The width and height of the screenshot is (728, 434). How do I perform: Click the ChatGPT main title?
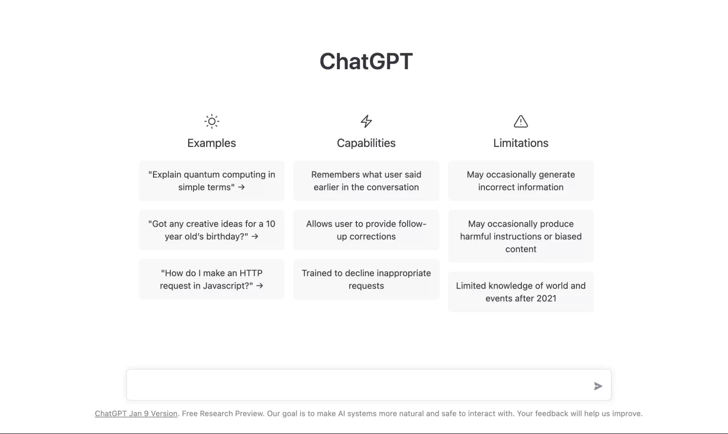pos(366,61)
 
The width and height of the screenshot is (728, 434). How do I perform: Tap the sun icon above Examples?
pos(212,121)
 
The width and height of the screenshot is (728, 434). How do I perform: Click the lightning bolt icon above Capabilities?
pos(366,121)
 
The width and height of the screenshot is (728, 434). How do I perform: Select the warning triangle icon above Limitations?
pos(521,121)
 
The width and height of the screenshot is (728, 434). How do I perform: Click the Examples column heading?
pos(211,143)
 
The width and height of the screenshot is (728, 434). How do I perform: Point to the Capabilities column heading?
pos(366,143)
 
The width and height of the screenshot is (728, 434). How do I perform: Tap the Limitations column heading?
pos(520,143)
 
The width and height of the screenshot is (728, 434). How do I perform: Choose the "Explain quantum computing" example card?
pos(211,181)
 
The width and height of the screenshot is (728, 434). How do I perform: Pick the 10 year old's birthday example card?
pos(211,230)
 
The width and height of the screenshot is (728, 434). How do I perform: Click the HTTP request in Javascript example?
pos(211,279)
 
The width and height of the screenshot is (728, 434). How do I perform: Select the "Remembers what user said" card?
pos(366,181)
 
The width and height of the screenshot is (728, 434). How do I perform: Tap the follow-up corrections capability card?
pos(366,230)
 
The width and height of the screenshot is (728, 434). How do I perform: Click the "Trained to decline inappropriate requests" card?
pos(366,279)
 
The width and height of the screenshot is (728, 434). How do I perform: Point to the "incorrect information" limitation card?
pos(520,181)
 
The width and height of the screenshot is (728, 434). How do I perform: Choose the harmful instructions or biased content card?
pos(520,236)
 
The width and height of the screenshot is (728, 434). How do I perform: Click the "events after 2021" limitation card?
pos(520,292)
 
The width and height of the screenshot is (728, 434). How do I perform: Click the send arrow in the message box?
pos(598,386)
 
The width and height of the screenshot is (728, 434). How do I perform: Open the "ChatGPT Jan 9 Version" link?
pos(136,414)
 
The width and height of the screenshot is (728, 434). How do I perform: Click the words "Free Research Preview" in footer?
pos(223,414)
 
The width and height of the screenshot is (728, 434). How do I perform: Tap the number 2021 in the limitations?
pos(546,298)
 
